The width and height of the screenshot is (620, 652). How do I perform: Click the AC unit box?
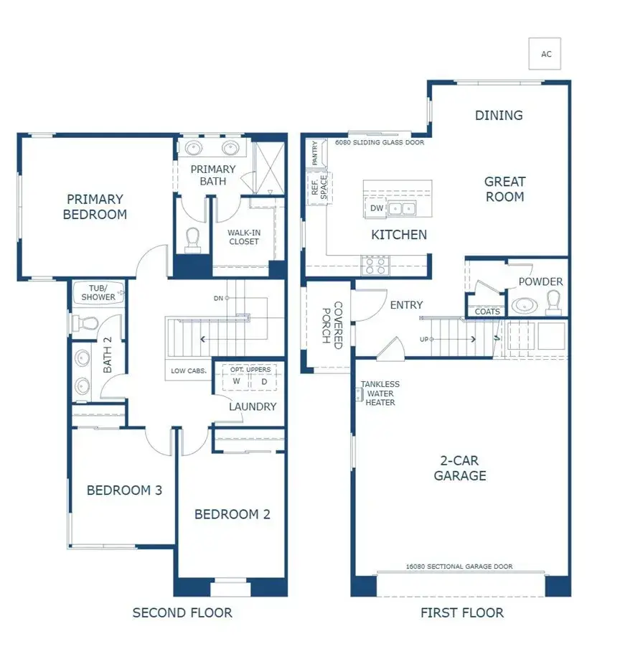545,53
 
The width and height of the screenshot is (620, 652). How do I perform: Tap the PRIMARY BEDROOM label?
95,207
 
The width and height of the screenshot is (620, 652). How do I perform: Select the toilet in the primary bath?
192,240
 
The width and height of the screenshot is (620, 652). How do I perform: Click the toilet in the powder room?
553,304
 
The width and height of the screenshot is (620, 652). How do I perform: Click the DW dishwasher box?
377,208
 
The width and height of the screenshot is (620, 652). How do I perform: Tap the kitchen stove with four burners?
375,266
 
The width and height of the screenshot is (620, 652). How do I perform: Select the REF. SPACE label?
318,189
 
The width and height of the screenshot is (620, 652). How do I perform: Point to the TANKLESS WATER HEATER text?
380,393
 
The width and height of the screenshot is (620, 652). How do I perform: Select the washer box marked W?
236,381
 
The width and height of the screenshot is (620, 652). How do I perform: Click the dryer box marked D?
263,381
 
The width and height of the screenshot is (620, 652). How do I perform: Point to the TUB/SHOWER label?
98,293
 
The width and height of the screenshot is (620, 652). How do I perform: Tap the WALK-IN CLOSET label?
243,237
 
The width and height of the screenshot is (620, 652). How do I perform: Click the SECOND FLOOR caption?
182,613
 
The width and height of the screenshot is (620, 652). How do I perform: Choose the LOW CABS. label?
189,371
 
